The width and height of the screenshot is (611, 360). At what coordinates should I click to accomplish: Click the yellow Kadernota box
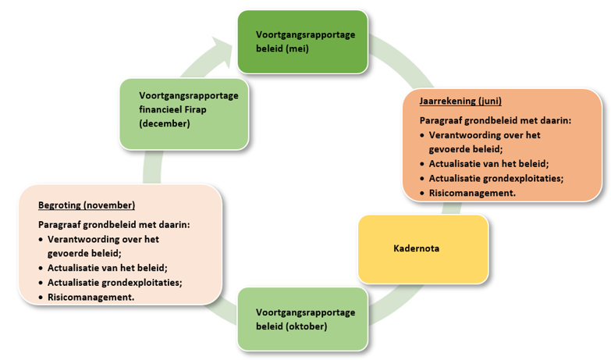coord(422,248)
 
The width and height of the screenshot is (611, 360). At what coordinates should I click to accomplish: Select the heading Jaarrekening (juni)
coord(460,101)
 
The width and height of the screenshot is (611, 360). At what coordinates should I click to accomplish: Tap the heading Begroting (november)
coord(87,205)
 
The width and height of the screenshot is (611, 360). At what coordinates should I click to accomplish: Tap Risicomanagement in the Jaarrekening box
coord(471,192)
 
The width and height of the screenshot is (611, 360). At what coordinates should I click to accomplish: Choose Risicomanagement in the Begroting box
coord(91,297)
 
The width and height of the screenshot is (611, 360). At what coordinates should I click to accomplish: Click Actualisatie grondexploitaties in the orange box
coord(496,178)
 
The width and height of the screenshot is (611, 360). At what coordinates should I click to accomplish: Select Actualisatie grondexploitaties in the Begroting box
coord(115,282)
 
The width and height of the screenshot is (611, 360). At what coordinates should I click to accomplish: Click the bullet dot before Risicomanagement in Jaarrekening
coord(422,192)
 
